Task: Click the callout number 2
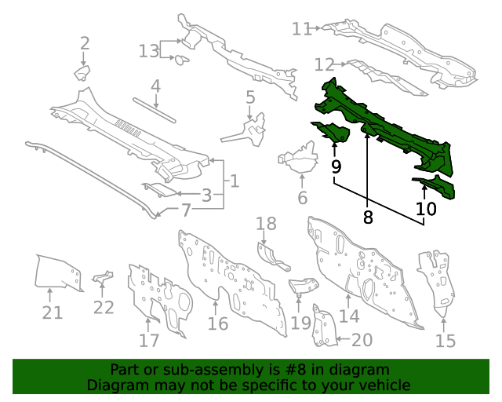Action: point(85,43)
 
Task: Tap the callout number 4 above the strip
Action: point(155,86)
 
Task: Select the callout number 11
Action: point(301,29)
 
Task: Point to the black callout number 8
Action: point(368,217)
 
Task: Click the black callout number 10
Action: point(426,209)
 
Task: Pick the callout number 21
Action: point(53,312)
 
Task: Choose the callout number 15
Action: point(446,341)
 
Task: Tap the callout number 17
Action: point(149,340)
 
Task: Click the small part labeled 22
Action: point(103,277)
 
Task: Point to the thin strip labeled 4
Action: point(155,110)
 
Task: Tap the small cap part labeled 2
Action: point(82,73)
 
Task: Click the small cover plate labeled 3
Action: point(159,189)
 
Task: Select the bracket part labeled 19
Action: point(304,286)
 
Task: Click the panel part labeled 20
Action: point(324,327)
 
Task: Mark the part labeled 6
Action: point(298,159)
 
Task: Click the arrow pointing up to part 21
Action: point(49,295)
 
